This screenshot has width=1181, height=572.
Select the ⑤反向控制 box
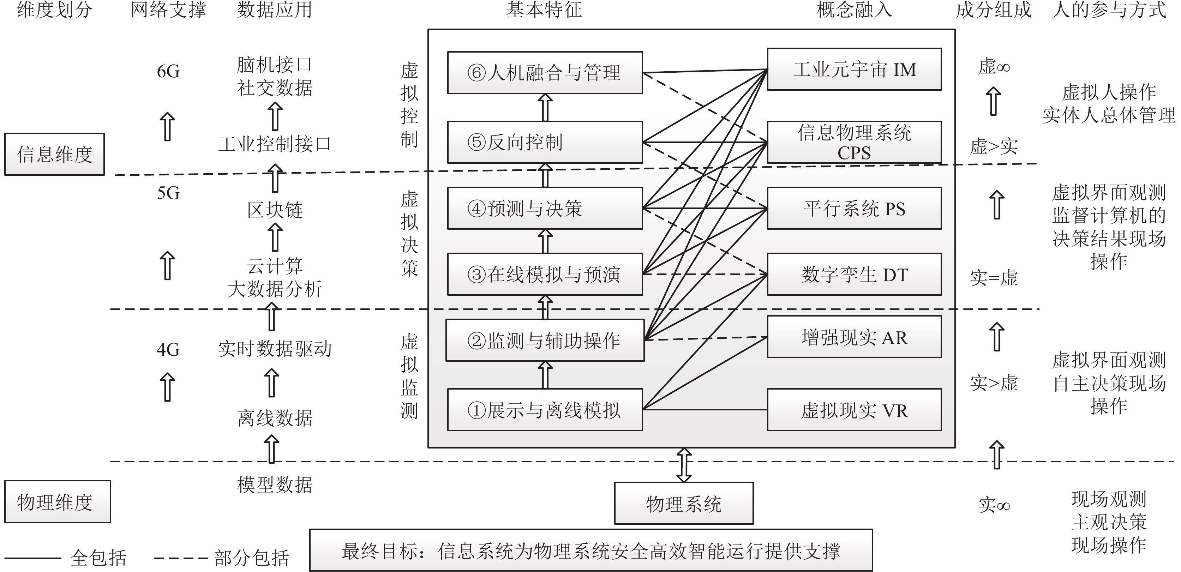tap(545, 142)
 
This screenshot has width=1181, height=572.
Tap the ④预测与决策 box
tap(545, 209)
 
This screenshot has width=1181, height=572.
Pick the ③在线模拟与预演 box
tap(545, 274)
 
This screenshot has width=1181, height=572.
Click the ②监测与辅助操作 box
tap(545, 340)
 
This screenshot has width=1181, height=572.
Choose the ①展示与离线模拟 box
tap(545, 410)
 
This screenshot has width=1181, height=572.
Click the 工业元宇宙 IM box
tap(854, 69)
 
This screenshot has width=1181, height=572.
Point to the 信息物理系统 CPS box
tap(854, 142)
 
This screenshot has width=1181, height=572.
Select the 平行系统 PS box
tap(854, 209)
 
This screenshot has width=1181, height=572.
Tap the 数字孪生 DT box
tap(854, 274)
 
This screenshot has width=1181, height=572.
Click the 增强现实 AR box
tap(854, 337)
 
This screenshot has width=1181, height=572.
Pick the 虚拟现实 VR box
tap(854, 410)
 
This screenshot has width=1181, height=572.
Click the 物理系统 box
tap(684, 503)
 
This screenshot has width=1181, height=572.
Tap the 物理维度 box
tap(57, 502)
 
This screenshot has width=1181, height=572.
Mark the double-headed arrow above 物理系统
tap(684, 465)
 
